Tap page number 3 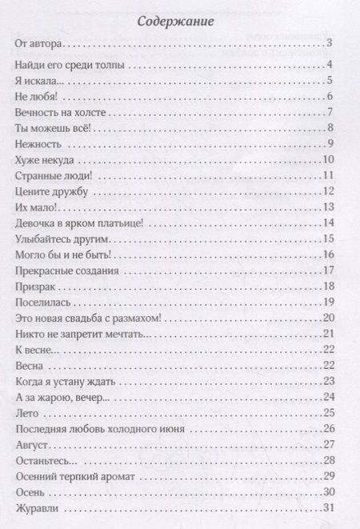pos(340,47)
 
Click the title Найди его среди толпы pos(69,66)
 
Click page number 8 pos(340,129)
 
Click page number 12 pos(337,191)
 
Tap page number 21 pos(337,333)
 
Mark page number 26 pos(337,427)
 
